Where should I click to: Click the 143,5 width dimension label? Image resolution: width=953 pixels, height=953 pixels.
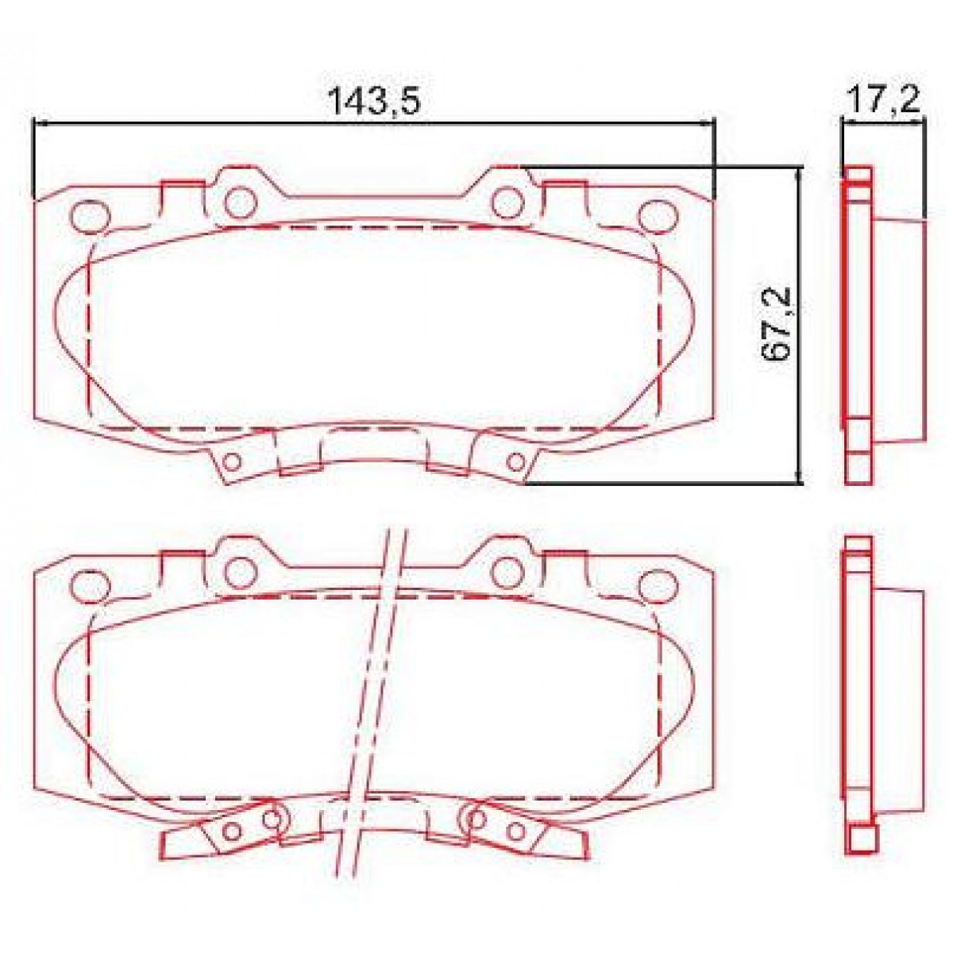(x=373, y=101)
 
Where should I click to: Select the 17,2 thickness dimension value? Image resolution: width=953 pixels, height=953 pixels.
(x=882, y=101)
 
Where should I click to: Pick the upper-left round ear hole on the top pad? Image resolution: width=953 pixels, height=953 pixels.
(x=237, y=202)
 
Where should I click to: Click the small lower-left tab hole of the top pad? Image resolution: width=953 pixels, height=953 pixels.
(x=233, y=461)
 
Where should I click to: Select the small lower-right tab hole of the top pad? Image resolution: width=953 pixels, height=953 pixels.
(x=515, y=461)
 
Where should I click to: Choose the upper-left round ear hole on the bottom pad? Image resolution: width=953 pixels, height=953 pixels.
(x=237, y=570)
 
